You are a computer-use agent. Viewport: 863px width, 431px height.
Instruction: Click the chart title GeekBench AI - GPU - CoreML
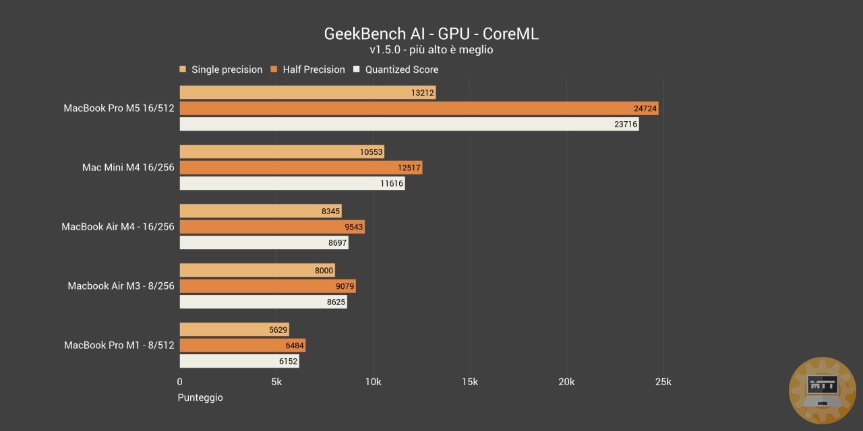(x=431, y=34)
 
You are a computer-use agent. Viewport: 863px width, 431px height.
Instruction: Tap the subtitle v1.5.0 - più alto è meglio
(x=431, y=50)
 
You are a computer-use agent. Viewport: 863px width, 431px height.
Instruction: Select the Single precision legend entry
(x=220, y=69)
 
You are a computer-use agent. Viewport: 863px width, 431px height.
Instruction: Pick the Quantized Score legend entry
(x=396, y=69)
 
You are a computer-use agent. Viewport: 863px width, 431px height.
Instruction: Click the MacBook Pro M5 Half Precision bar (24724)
(x=418, y=108)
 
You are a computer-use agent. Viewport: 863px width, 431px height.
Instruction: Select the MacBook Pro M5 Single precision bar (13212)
(x=307, y=92)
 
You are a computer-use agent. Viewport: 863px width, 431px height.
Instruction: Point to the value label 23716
(x=626, y=125)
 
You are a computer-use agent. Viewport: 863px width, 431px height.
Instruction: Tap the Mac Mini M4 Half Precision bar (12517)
(x=300, y=168)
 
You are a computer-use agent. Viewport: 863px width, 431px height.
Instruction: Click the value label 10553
(x=371, y=152)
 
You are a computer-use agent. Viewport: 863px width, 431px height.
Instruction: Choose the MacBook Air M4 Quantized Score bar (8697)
(x=264, y=242)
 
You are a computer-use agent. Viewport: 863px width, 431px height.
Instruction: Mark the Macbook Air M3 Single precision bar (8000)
(x=257, y=271)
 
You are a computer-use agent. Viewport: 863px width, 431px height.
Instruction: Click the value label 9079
(x=345, y=286)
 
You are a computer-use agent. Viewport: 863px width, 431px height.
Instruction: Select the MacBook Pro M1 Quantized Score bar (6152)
(x=239, y=361)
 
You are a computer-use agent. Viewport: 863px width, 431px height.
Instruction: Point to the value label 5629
(x=278, y=330)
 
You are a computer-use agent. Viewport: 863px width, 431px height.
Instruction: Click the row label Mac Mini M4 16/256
(x=128, y=168)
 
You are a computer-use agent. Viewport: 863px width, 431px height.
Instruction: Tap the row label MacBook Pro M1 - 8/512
(x=119, y=345)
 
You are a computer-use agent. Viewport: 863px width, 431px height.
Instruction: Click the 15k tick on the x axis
(x=470, y=383)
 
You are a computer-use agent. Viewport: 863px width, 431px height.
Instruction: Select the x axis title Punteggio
(x=200, y=397)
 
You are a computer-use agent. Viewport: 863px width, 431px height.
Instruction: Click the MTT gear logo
(x=822, y=390)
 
